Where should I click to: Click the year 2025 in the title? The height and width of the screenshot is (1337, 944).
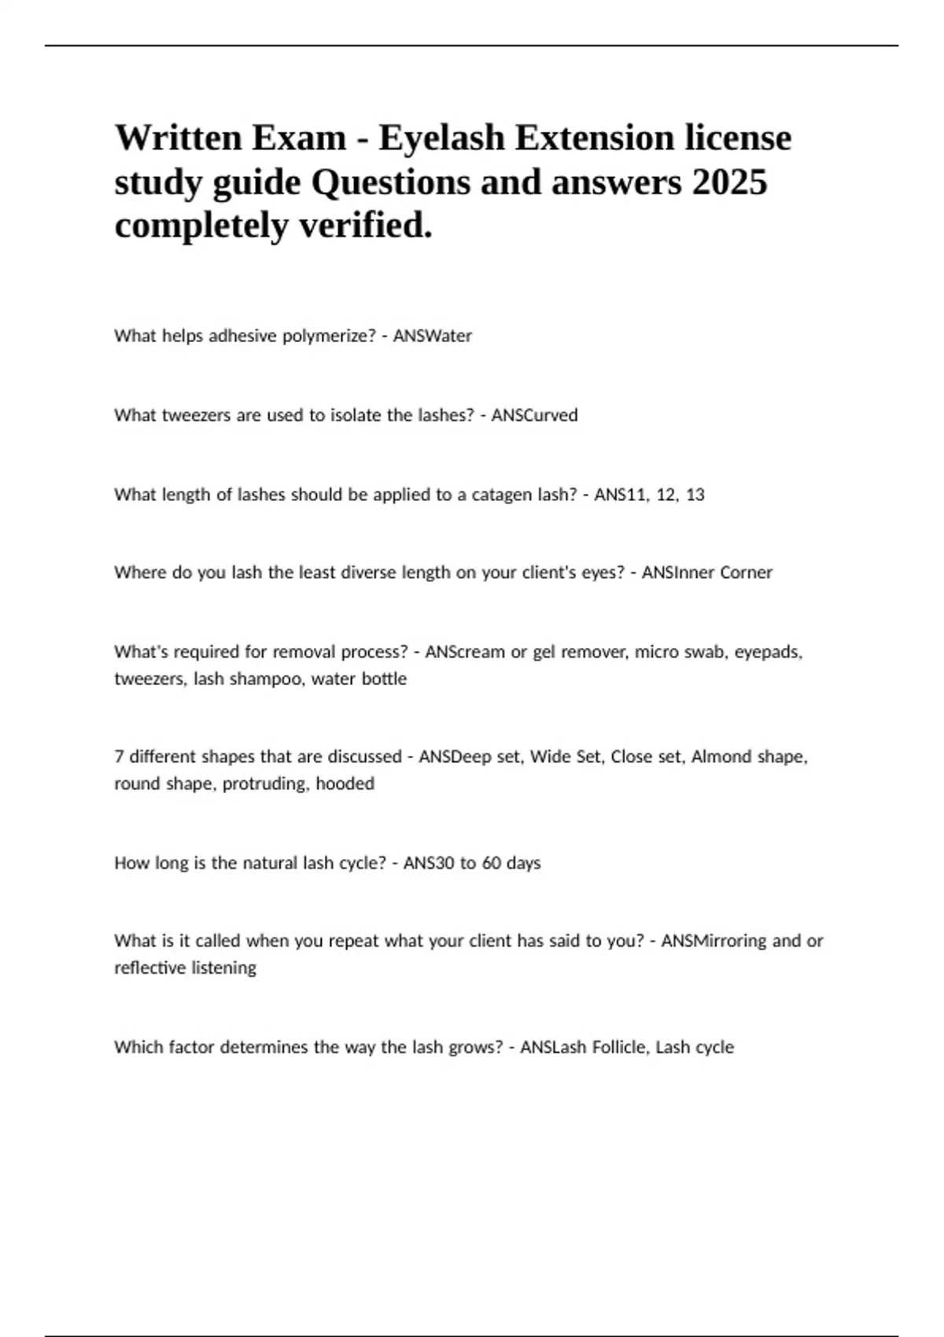coord(729,182)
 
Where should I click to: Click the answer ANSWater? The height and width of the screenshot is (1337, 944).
coord(432,336)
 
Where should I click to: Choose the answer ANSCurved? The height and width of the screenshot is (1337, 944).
coord(534,415)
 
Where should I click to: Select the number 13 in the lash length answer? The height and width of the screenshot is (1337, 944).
coord(695,495)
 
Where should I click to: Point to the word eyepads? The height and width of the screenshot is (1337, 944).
coord(768,652)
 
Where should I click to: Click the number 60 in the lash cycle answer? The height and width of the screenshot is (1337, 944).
coord(492,863)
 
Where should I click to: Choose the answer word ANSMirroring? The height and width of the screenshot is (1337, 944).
coord(714,941)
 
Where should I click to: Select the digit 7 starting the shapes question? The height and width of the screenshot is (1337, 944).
coord(119,757)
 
